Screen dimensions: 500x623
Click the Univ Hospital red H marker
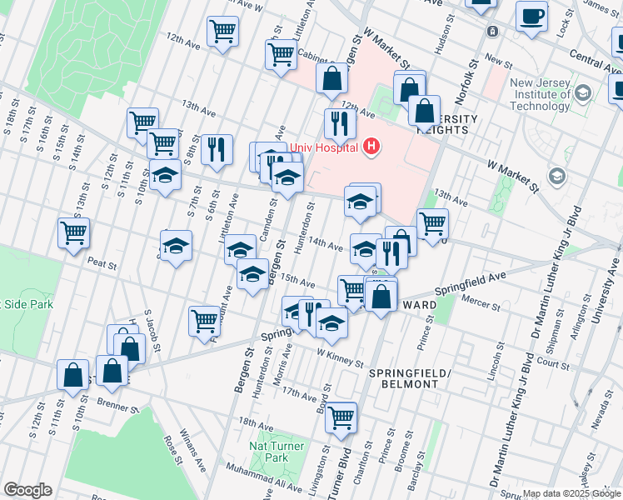point(371,148)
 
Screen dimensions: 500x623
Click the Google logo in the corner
point(28,490)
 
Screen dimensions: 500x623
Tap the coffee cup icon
point(531,16)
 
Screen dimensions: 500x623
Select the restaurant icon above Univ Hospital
point(340,123)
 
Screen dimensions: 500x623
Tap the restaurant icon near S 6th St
point(217,149)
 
